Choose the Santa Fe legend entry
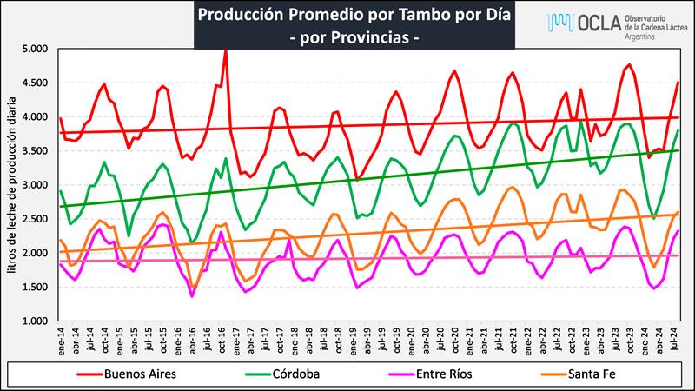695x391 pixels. (x=597, y=374)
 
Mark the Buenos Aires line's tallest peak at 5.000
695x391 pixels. (x=226, y=50)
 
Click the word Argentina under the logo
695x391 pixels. (x=643, y=42)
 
